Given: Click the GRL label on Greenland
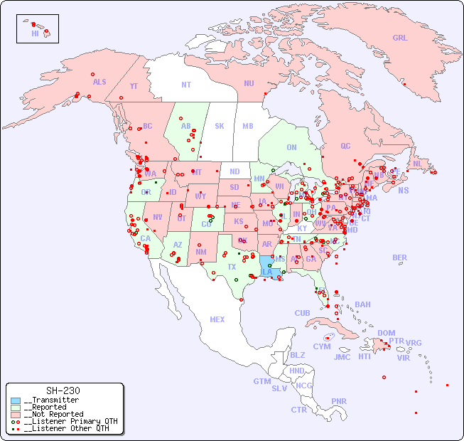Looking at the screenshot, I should [400, 38].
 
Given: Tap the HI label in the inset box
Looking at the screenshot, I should [35, 33].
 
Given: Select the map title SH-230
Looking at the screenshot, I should [63, 390].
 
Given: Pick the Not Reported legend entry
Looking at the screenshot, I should [53, 414].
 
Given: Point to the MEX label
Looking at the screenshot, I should [217, 319].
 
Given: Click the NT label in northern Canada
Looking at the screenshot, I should [185, 84].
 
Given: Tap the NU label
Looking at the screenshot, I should [249, 83].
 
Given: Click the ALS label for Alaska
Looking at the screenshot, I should [99, 82].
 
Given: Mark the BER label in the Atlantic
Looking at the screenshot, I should [399, 257].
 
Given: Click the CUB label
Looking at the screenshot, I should [302, 313].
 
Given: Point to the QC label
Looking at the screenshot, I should [345, 146].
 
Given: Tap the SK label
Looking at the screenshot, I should [220, 126].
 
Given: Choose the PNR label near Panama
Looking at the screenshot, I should [339, 401].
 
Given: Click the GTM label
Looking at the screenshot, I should [261, 381].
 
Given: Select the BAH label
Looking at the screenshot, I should [362, 304].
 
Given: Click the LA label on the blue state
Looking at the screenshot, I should [267, 272].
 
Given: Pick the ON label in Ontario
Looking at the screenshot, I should [291, 147].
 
